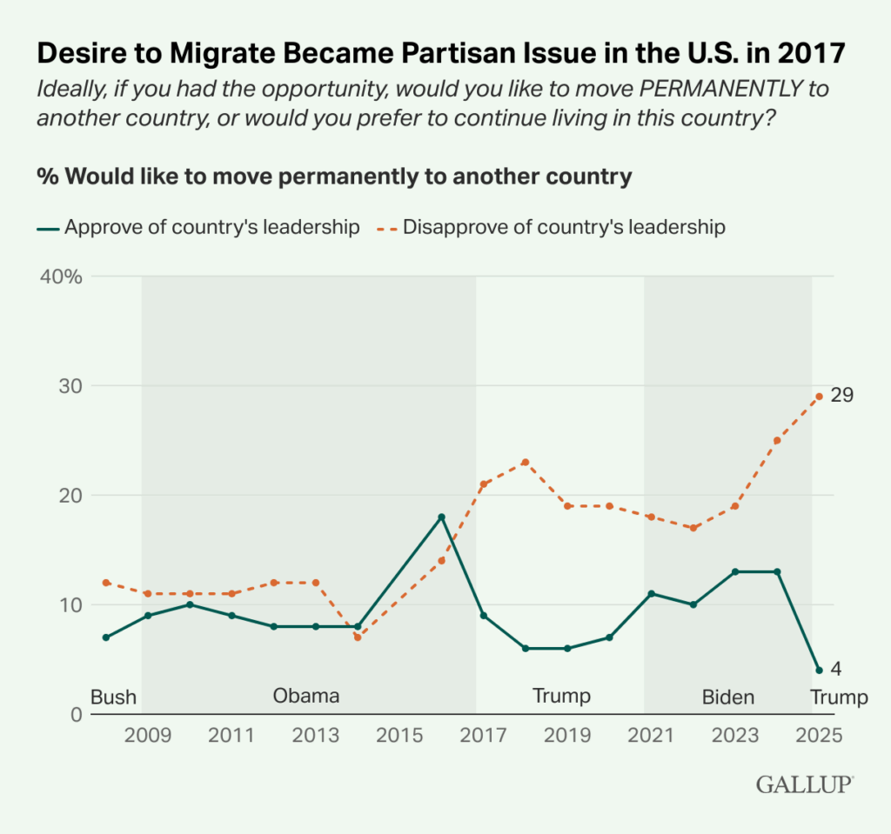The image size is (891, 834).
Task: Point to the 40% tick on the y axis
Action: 60,277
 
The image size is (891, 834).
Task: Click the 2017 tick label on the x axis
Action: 483,735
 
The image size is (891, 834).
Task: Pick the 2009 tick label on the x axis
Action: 147,735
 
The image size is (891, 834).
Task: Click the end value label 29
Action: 841,396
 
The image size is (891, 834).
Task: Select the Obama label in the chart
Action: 305,696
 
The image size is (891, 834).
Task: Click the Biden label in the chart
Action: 728,697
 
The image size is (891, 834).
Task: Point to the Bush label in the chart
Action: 113,697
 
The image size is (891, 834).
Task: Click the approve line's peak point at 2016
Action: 441,517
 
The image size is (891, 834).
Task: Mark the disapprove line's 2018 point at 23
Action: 525,462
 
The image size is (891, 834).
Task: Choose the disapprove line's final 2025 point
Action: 819,397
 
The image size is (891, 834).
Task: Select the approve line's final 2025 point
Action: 819,670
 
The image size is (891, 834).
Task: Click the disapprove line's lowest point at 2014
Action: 357,637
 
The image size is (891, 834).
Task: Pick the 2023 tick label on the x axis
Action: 734,735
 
